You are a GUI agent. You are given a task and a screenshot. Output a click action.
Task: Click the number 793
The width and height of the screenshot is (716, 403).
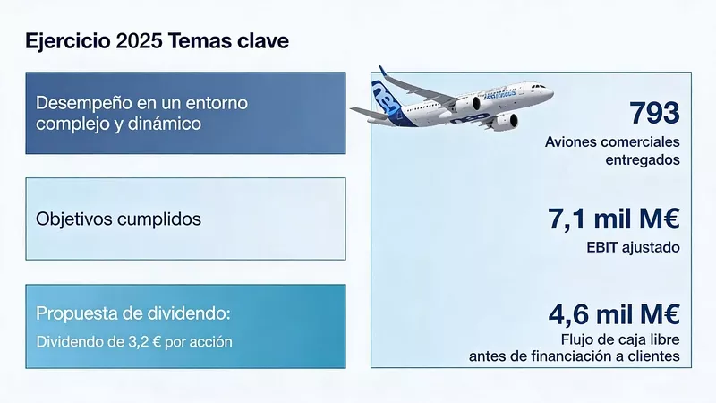pos(654,114)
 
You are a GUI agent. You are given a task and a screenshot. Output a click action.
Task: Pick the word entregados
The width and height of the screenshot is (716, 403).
pos(640,159)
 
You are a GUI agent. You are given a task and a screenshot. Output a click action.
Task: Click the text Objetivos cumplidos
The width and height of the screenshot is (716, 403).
pos(118,219)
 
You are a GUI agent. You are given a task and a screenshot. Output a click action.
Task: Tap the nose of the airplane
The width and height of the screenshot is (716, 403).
pos(549,93)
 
